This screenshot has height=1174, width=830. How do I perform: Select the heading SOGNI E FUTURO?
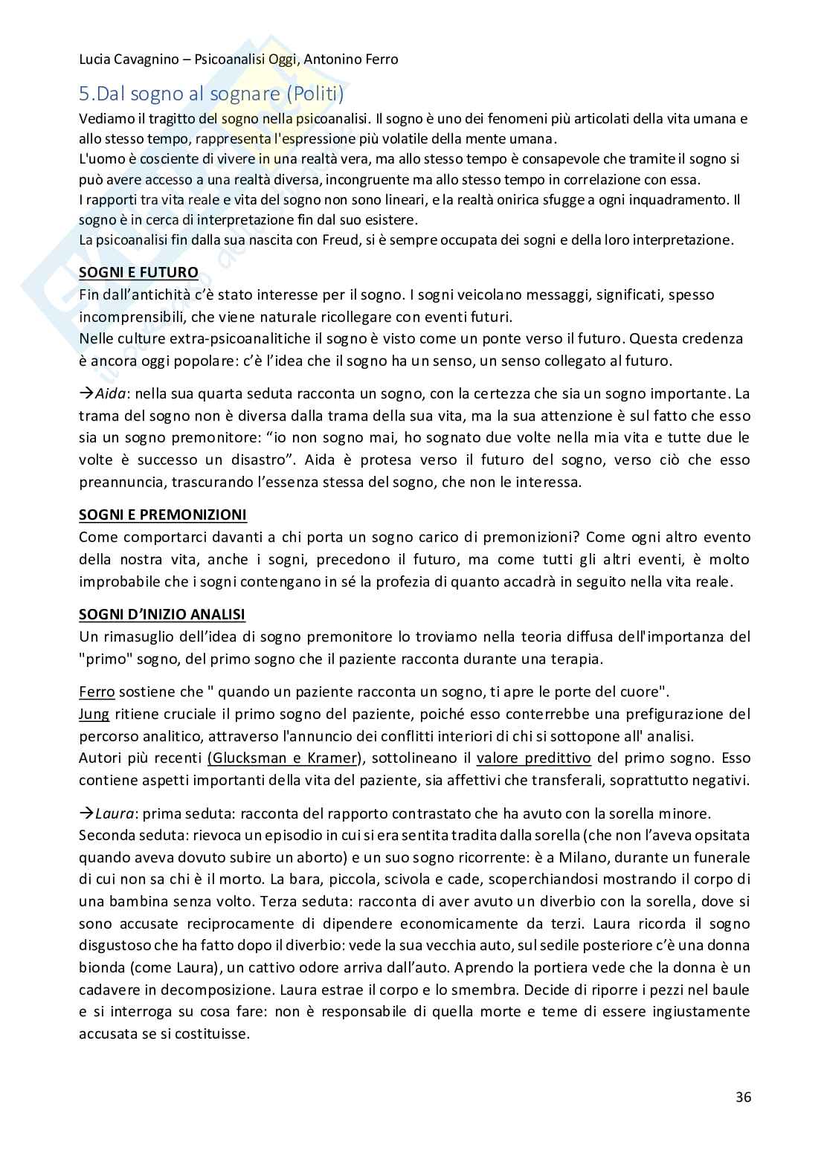coord(138,272)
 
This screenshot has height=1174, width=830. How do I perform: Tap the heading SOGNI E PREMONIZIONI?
coord(163,515)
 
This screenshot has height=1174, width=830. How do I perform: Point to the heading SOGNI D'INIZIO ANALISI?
coord(162,614)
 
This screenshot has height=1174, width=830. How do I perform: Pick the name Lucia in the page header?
coord(97,59)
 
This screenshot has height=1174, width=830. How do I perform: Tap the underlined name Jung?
coord(94,714)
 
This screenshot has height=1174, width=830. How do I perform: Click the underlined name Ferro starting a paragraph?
coord(97,691)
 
